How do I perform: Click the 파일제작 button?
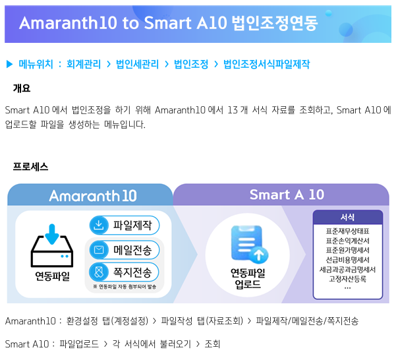tap(125, 225)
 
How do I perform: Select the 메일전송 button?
tap(125, 250)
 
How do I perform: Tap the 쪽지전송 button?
tap(125, 272)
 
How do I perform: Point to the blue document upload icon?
tap(250, 245)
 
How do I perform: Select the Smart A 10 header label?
tap(287, 195)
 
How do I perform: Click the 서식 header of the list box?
tap(348, 217)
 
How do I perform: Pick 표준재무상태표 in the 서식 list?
tap(347, 231)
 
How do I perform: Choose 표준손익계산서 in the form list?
tap(347, 241)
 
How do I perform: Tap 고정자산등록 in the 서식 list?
tap(347, 279)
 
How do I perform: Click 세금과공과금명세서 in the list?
tap(347, 270)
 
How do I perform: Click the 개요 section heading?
tap(22, 88)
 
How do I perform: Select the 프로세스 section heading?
tap(30, 167)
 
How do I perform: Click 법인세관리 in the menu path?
tap(137, 64)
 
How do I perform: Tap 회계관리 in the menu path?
tap(84, 64)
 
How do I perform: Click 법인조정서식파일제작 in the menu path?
tap(266, 64)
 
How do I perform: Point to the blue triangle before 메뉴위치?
tap(9, 64)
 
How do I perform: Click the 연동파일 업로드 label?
tap(248, 278)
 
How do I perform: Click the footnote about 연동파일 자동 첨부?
tap(125, 287)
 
